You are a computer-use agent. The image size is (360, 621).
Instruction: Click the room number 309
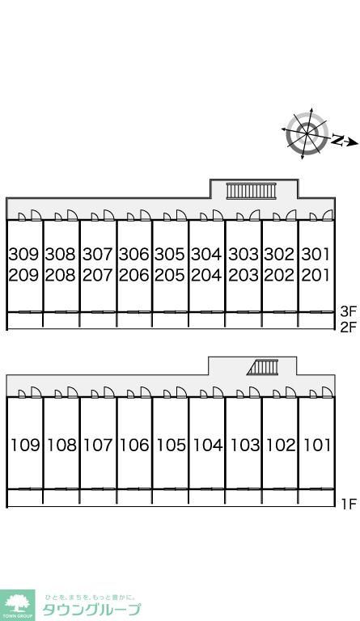23,254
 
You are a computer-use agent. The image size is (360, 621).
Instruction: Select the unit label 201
316,275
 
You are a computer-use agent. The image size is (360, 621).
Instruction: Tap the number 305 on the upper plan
170,254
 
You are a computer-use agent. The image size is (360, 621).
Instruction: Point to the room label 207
97,275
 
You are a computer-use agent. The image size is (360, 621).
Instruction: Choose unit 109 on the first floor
25,446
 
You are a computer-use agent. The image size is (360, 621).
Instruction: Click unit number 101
317,446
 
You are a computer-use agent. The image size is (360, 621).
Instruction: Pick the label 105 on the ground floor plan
171,446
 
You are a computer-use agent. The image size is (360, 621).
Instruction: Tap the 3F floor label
349,311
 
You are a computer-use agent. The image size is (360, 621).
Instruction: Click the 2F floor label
349,328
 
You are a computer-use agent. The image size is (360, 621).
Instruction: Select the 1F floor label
349,505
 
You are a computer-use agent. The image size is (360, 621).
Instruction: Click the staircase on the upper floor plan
251,191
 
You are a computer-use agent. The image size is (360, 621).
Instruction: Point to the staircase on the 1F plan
262,367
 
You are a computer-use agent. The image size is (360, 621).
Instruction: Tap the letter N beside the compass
337,140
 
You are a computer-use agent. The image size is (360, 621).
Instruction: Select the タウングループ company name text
91,610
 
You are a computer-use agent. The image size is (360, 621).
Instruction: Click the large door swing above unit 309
36,215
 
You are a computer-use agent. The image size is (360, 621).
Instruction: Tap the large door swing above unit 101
327,392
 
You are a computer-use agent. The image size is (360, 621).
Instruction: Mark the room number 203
244,275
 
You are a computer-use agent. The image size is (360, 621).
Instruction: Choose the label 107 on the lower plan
98,446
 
